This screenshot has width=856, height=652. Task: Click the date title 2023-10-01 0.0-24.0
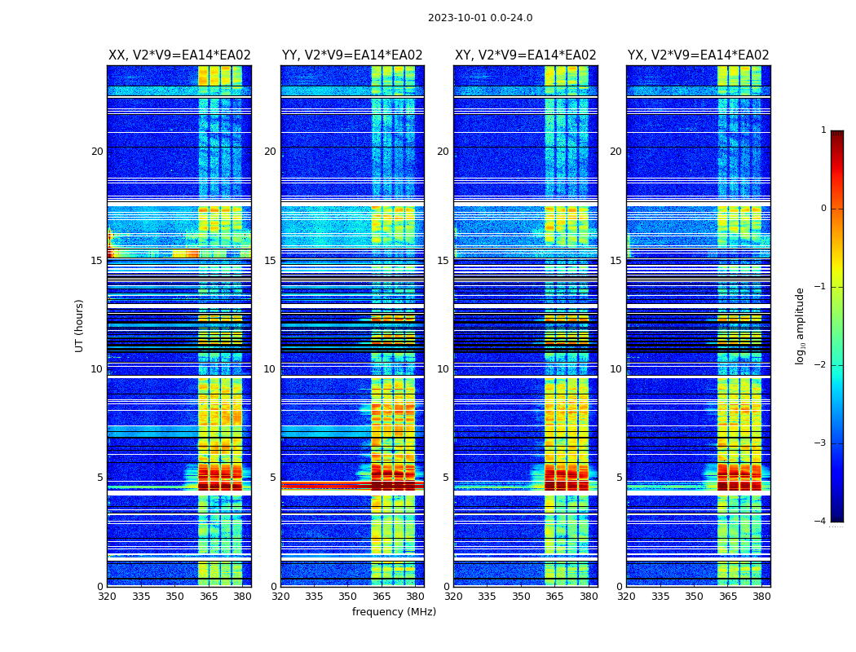[x=480, y=18]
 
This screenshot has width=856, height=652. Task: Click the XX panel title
[x=179, y=55]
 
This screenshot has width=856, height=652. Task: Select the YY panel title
[x=352, y=55]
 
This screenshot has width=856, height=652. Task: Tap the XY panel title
[x=525, y=55]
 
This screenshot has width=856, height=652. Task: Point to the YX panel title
[x=698, y=55]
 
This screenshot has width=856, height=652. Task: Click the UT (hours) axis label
[x=80, y=325]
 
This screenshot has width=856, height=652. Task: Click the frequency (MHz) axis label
[x=394, y=612]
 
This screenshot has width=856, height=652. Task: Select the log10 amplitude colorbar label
[x=801, y=325]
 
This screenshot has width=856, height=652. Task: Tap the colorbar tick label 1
[x=823, y=130]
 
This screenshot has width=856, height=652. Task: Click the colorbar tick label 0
[x=823, y=209]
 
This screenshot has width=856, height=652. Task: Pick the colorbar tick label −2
[x=821, y=365]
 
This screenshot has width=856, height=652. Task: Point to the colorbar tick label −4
[x=821, y=522]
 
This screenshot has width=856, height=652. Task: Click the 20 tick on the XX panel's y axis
[x=97, y=152]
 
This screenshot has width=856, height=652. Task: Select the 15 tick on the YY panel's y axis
[x=270, y=261]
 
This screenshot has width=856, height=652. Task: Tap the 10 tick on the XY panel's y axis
[x=443, y=369]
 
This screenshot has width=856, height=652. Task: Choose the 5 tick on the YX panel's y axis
[x=619, y=478]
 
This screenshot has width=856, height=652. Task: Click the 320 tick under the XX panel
[x=108, y=597]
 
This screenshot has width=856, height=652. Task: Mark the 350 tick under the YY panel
[x=348, y=597]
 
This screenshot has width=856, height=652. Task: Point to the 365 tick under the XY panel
[x=554, y=597]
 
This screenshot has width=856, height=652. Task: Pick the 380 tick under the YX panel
[x=761, y=597]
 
